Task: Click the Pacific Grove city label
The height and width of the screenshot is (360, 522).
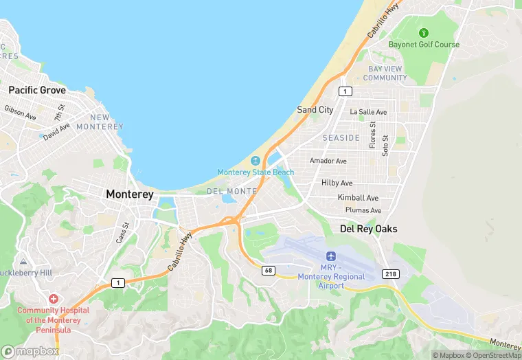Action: click(37, 90)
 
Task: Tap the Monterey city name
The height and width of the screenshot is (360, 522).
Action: click(130, 194)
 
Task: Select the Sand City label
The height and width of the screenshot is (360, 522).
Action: click(315, 109)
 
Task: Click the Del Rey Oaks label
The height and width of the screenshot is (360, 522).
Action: click(369, 229)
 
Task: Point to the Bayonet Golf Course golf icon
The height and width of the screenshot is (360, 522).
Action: click(424, 32)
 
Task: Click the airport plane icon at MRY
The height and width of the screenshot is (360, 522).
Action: click(332, 256)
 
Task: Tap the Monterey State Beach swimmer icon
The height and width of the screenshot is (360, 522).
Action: click(256, 160)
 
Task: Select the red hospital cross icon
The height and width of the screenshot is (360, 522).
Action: click(54, 299)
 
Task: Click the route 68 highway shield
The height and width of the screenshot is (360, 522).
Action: click(269, 271)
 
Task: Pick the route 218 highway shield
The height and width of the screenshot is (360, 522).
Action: click(391, 273)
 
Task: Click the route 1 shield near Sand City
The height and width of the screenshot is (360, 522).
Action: click(345, 91)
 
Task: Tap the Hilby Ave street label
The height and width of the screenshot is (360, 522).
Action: click(337, 183)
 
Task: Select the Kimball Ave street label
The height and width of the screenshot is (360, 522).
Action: click(358, 197)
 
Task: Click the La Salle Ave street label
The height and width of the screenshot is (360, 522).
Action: click(368, 111)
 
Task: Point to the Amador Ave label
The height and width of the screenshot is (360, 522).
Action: click(328, 161)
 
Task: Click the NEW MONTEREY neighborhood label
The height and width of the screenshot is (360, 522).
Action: click(100, 122)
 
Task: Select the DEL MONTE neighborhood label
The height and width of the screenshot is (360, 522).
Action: click(231, 190)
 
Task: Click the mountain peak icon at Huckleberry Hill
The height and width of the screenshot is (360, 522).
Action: click(23, 262)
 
